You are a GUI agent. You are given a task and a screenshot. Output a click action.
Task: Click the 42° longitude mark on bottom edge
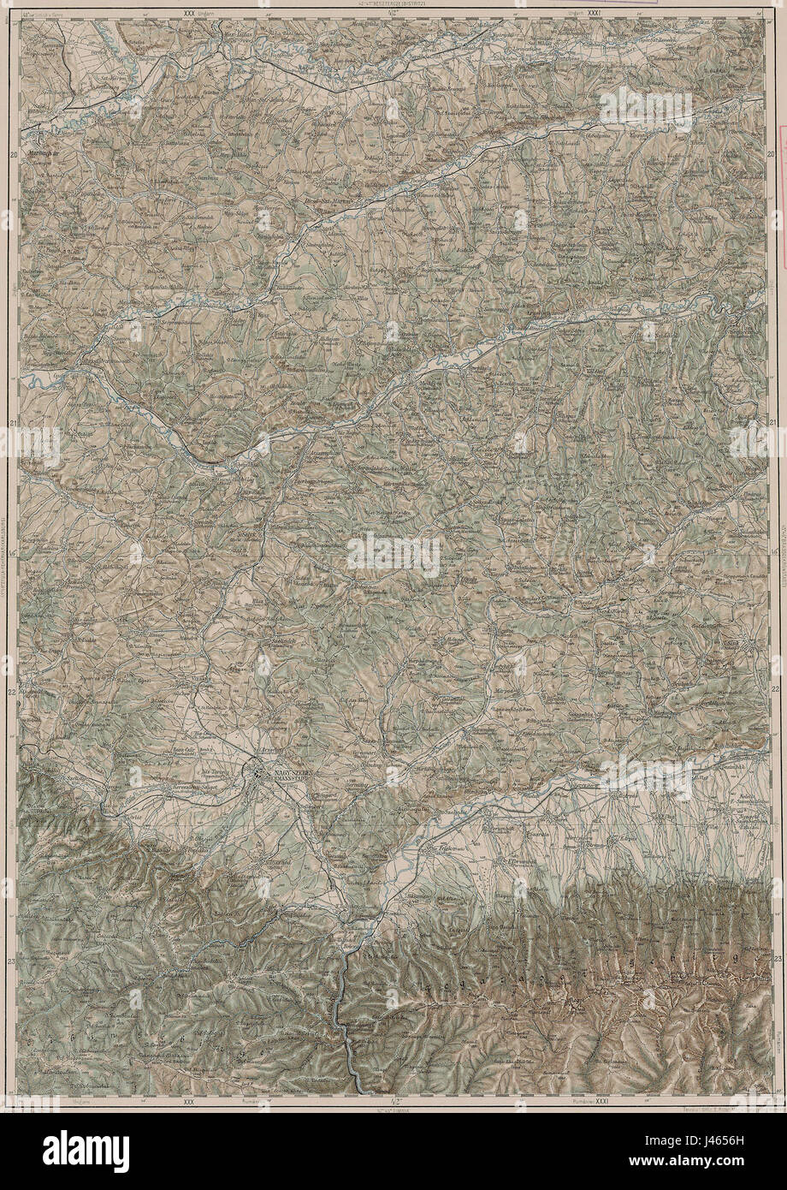392,1104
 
